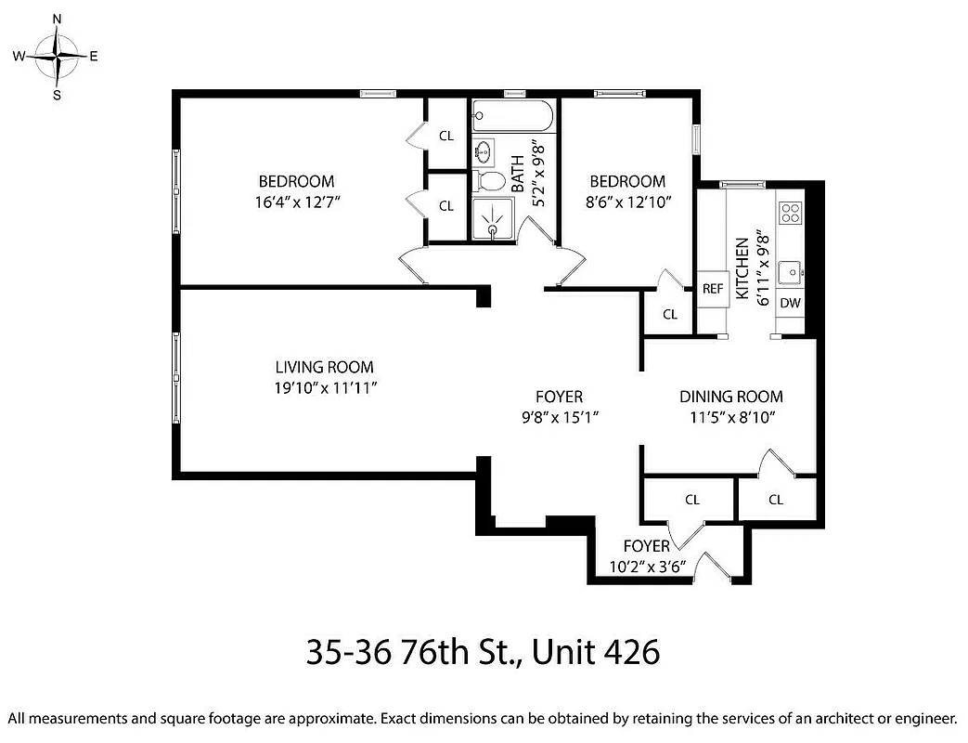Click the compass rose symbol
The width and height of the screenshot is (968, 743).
58,56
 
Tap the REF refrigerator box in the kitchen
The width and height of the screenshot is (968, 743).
712,289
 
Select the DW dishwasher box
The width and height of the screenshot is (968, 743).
790,303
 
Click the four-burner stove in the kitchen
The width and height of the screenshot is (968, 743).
791,213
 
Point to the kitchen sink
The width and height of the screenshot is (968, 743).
791,272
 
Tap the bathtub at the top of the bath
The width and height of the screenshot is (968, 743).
513,117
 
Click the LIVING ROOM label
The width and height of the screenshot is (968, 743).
324,367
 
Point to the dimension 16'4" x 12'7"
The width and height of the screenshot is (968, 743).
296,202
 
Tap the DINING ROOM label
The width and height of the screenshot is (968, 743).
730,397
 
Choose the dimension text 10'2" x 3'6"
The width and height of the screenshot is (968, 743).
646,567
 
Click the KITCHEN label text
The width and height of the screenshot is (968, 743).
742,269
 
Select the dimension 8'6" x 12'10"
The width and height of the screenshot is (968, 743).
628,202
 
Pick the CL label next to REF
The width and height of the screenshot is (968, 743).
670,314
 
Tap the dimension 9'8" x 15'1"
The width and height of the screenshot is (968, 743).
559,417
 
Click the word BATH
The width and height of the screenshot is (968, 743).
517,173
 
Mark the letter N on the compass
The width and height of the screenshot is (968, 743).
58,19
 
